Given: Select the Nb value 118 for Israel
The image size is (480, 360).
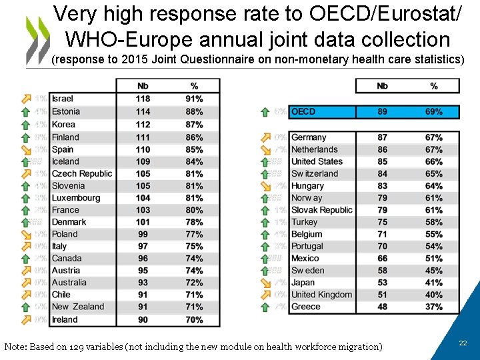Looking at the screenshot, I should [x=143, y=99].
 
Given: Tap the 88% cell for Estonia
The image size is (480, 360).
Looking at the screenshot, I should [x=194, y=111].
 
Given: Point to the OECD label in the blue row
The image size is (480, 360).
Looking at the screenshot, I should [x=303, y=111].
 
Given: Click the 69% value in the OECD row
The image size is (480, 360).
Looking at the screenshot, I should [x=433, y=111].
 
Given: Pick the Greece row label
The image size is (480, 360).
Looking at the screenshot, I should [x=305, y=307].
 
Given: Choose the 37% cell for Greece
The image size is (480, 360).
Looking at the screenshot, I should [x=433, y=307].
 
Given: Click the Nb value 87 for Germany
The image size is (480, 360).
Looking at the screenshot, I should [x=382, y=137].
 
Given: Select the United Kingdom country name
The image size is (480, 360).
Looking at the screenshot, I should [x=321, y=295].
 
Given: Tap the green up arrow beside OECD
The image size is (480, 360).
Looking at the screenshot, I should [x=265, y=112].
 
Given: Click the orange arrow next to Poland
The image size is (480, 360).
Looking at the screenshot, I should [x=26, y=235].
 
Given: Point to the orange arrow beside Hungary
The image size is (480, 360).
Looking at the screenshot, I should [x=265, y=186].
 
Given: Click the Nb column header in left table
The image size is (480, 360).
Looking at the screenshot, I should [x=143, y=86].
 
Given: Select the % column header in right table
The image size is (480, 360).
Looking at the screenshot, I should [x=433, y=86].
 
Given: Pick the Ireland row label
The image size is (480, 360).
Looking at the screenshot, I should [x=65, y=319].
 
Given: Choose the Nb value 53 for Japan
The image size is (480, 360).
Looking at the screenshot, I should [x=382, y=283].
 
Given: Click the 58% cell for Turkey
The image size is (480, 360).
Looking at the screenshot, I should [x=433, y=222].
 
